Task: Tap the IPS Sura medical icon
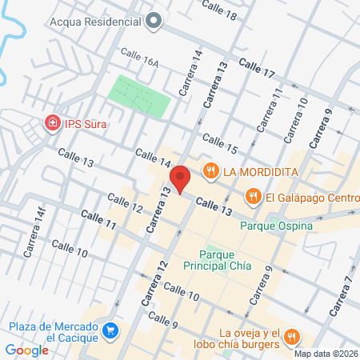[x=52, y=123]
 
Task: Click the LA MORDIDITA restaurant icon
[x=211, y=170]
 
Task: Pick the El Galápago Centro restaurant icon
[x=253, y=195]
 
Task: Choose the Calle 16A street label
[x=141, y=54]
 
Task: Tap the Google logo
[x=27, y=349]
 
